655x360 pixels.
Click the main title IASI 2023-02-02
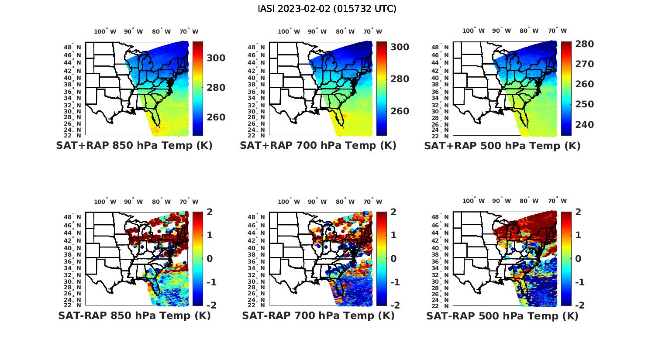tap(327, 9)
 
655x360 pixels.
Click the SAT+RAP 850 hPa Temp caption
tap(134, 146)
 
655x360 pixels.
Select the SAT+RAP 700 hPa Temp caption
tap(318, 146)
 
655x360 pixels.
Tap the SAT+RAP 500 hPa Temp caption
tap(502, 146)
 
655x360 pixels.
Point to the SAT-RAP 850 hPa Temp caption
tap(134, 315)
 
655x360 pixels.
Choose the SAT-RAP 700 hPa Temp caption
tap(318, 315)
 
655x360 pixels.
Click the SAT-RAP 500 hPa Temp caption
tap(502, 316)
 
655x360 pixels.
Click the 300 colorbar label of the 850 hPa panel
tap(216, 58)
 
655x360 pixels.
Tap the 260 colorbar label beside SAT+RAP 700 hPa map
tap(400, 111)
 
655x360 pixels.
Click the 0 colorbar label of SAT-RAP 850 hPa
tap(210, 258)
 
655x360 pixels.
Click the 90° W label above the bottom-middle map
tap(317, 202)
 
